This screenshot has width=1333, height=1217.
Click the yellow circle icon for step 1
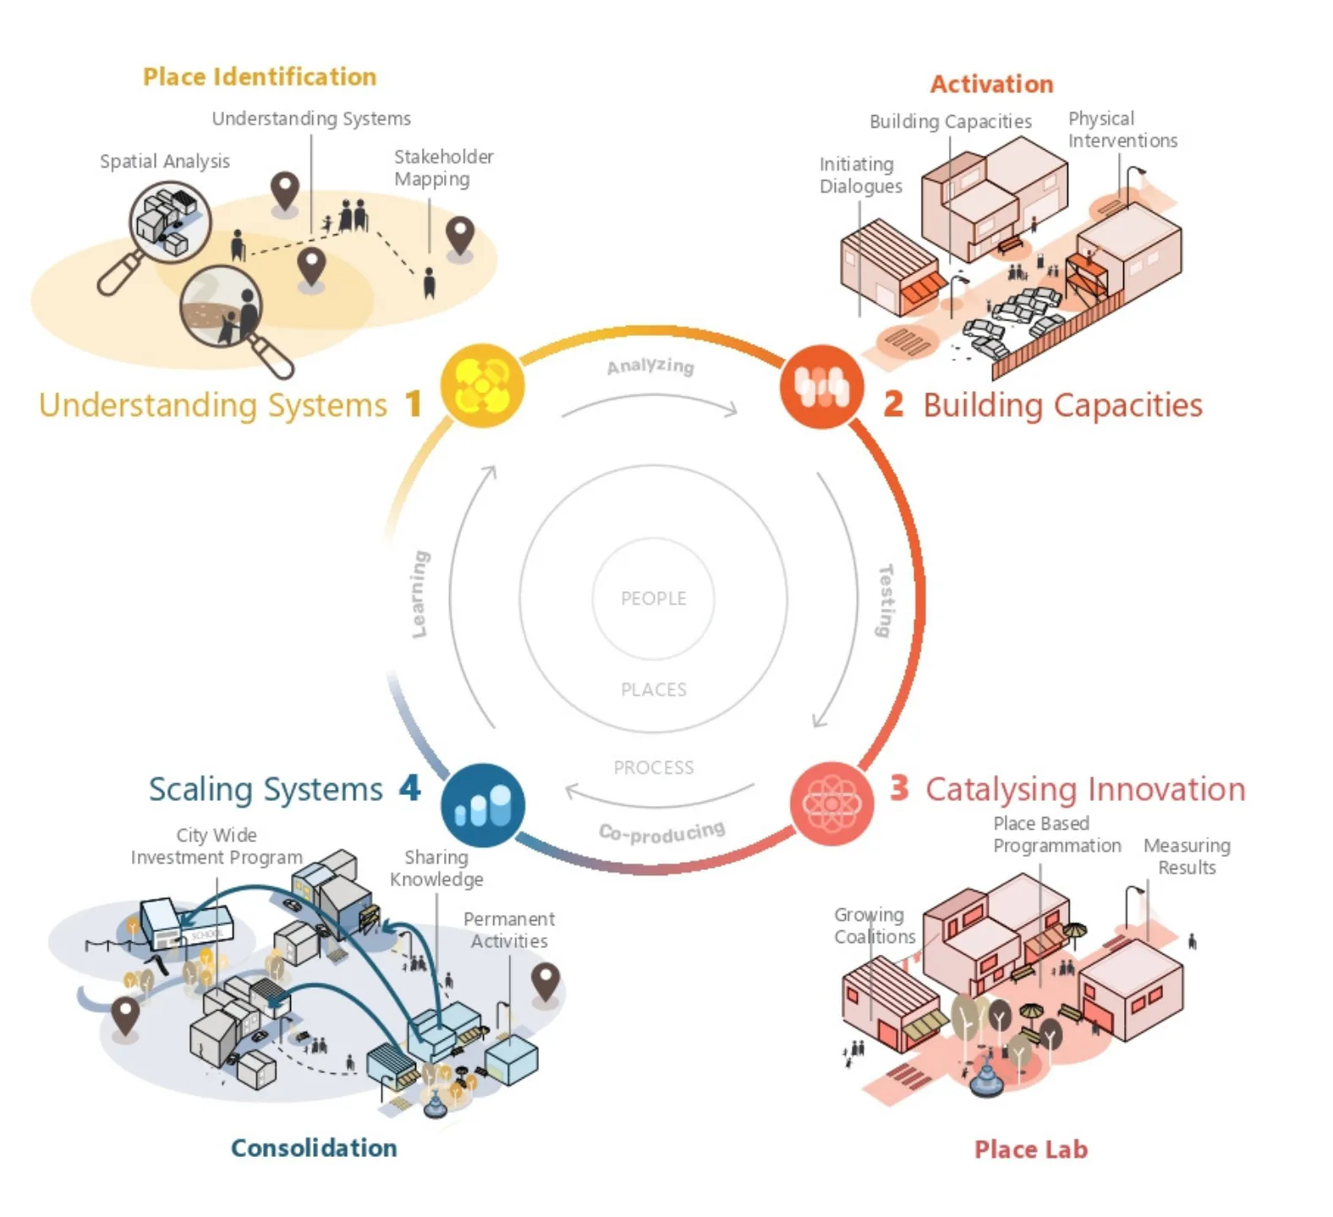tap(482, 386)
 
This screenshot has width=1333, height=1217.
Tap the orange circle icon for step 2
tap(821, 386)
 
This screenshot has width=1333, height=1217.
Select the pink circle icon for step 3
tap(831, 803)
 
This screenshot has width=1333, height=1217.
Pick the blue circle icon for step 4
tap(483, 805)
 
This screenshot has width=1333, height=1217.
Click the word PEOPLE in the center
tap(653, 599)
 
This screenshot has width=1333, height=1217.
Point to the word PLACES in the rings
tap(653, 690)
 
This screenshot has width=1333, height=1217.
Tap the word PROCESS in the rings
tap(653, 768)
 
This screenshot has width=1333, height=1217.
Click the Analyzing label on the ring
tap(650, 366)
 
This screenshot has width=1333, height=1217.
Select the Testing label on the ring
tap(885, 600)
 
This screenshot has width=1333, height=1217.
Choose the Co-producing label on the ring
tap(661, 833)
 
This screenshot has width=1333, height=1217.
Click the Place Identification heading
tap(259, 77)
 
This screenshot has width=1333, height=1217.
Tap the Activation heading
tap(991, 85)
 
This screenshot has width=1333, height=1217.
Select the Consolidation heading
tap(314, 1148)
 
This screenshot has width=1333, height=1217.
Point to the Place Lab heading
tap(1030, 1149)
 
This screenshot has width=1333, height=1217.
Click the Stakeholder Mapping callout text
tap(443, 167)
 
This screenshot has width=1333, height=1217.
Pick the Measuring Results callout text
tap(1187, 856)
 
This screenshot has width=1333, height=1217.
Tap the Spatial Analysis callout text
tap(165, 162)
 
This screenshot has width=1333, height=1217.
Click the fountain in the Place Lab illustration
tap(985, 1079)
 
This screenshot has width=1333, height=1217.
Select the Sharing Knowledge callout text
tap(436, 869)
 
